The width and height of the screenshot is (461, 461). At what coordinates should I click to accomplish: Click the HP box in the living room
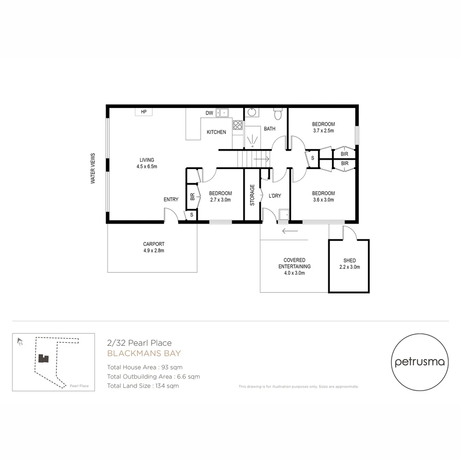click(144, 112)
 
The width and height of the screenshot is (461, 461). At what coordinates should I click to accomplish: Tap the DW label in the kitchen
click(209, 113)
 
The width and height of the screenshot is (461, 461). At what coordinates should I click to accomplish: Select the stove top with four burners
click(238, 125)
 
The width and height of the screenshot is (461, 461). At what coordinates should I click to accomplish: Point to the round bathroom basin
click(252, 113)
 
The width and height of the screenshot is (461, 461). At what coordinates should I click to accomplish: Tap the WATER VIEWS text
click(93, 168)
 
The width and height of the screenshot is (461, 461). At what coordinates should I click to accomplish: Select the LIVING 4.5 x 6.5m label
click(146, 163)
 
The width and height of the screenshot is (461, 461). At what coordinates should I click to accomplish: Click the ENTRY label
click(171, 199)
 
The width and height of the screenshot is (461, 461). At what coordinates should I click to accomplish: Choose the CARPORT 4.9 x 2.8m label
click(154, 247)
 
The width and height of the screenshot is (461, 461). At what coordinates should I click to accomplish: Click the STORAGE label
click(252, 195)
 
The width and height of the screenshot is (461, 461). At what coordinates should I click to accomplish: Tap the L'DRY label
click(274, 195)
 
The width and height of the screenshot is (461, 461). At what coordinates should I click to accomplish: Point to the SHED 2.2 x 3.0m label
click(349, 263)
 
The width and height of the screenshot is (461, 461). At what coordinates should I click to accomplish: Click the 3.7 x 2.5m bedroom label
click(323, 127)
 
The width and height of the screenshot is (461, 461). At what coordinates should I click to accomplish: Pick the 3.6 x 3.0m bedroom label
click(323, 196)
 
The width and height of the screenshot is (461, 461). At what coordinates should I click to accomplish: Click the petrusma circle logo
click(420, 362)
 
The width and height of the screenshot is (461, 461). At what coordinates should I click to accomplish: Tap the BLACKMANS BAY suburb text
click(144, 353)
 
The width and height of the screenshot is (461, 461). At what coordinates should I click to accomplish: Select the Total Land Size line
click(143, 386)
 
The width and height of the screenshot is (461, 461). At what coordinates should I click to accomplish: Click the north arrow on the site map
click(20, 341)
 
